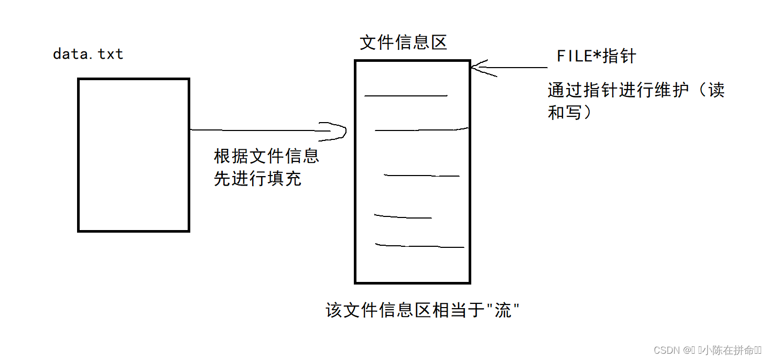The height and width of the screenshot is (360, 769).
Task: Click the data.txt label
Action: [x=88, y=54]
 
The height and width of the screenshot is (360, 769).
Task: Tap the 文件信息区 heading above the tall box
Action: [x=403, y=42]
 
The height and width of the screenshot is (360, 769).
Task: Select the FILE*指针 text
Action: [x=596, y=57]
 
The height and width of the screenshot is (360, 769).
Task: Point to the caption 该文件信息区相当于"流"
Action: [x=423, y=310]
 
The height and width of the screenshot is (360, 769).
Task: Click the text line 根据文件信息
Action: [x=267, y=156]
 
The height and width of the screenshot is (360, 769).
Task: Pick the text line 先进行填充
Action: [x=257, y=179]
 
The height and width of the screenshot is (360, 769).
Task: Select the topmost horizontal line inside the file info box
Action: [x=406, y=96]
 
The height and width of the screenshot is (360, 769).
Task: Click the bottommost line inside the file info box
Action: [x=419, y=246]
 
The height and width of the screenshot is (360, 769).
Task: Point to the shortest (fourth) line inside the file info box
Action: [x=403, y=216]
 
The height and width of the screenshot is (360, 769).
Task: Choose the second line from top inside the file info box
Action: [x=421, y=129]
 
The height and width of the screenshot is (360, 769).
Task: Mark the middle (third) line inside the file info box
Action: [x=422, y=176]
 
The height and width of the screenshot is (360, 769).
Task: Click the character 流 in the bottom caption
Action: [x=503, y=311]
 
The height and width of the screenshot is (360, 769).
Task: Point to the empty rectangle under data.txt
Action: [x=134, y=155]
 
